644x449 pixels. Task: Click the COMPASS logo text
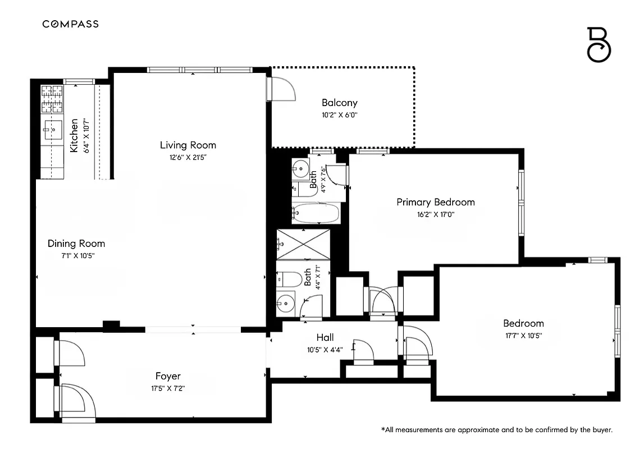71,24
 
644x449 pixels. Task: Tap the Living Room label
188,145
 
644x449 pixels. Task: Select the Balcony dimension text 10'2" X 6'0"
340,114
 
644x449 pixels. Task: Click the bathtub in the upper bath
316,214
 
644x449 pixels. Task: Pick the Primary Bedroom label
435,202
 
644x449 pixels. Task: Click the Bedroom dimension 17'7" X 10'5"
523,336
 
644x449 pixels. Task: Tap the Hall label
325,337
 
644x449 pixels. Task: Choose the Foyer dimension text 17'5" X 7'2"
167,388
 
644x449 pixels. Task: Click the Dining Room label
76,244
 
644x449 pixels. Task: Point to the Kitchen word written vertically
74,135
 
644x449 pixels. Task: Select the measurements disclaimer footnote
496,430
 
